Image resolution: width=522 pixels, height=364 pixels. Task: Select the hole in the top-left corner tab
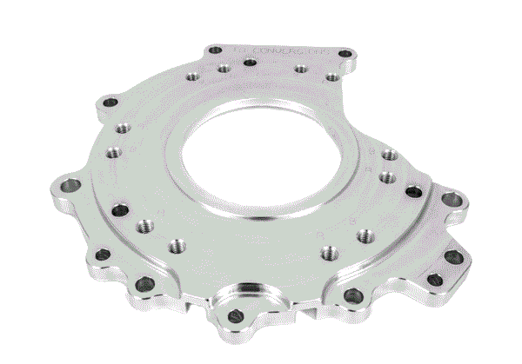coord(211,54)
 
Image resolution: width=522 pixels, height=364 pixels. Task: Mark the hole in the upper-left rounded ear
coord(108,103)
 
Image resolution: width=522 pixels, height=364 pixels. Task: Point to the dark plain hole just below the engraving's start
coord(250,63)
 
